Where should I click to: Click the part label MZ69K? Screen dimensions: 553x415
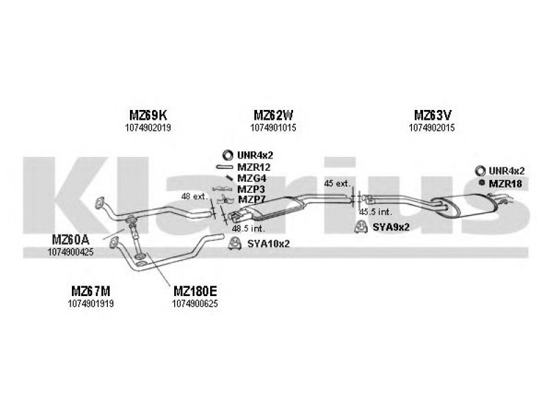click(x=148, y=115)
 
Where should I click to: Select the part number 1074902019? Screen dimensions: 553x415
click(x=148, y=127)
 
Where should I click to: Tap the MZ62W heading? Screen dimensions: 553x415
click(x=273, y=115)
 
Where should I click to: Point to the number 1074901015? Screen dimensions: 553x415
click(x=273, y=127)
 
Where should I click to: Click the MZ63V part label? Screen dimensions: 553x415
click(x=433, y=115)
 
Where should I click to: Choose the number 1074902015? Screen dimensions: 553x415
click(x=431, y=127)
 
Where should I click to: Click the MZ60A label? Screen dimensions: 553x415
click(x=71, y=239)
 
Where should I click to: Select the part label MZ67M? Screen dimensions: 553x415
click(x=91, y=291)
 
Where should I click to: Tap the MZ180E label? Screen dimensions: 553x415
click(x=195, y=291)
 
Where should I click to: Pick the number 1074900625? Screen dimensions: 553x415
click(x=195, y=304)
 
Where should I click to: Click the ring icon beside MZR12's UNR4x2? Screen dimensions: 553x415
click(x=228, y=155)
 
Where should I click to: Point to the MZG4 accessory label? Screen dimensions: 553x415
click(x=252, y=178)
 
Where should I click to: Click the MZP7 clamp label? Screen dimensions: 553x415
click(x=252, y=199)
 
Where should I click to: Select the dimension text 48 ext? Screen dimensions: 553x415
click(x=195, y=196)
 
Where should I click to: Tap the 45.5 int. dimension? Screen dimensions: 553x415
click(x=375, y=212)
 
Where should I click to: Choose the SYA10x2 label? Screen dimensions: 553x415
click(x=268, y=243)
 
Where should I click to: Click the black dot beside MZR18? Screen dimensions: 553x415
click(x=481, y=183)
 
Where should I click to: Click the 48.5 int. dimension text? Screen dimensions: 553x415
click(x=248, y=228)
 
